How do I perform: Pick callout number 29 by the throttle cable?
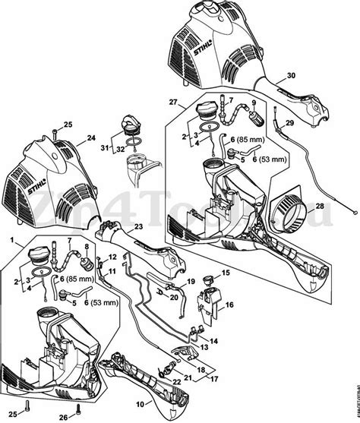click(x=289, y=122)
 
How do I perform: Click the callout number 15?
click(x=225, y=272)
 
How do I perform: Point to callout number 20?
click(x=174, y=298)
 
